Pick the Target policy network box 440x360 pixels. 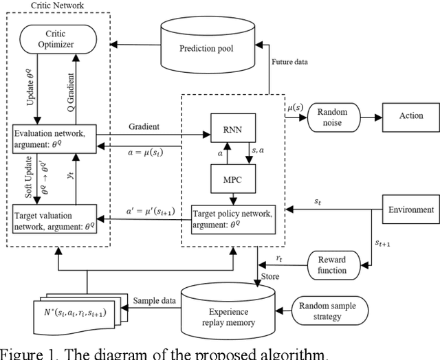(x=229, y=218)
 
